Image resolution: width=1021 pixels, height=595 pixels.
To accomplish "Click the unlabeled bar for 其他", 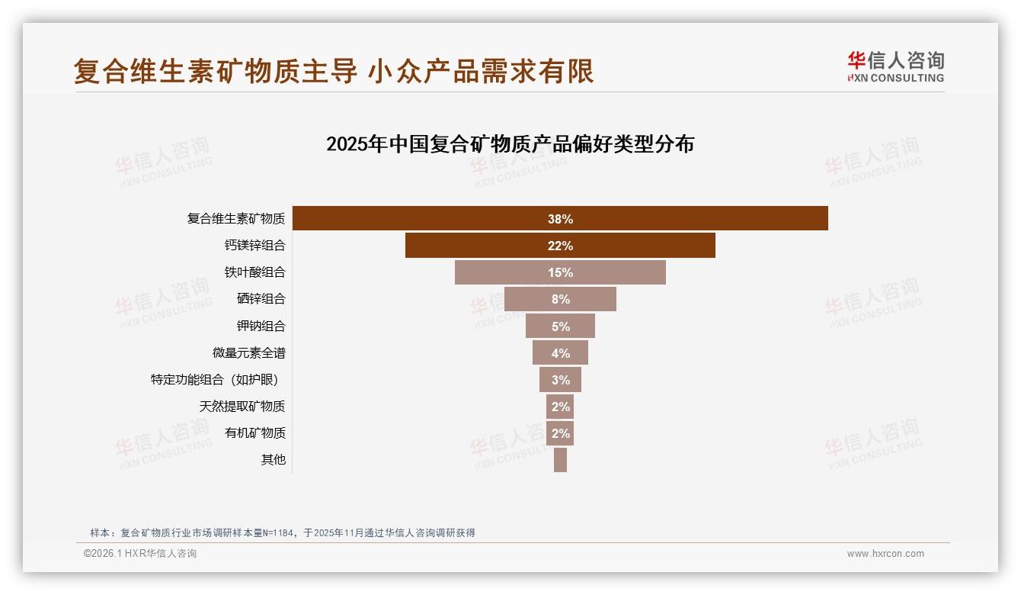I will (x=560, y=460).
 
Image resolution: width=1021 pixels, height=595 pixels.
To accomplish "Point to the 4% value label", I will (x=561, y=353).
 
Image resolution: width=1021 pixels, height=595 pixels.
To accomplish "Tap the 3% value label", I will (x=561, y=380).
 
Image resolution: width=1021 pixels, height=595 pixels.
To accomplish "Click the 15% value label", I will (x=561, y=272).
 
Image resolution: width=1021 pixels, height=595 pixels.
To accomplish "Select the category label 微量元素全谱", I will (x=248, y=353).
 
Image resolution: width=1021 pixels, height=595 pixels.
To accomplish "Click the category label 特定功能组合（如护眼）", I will (x=218, y=380).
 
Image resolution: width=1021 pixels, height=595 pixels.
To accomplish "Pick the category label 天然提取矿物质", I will (x=242, y=407).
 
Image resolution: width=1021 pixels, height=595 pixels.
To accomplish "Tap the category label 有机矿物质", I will (x=254, y=433).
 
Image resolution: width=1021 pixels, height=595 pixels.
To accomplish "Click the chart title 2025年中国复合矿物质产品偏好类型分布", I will (x=510, y=144).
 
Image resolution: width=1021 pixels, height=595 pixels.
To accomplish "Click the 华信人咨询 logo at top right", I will (x=895, y=67).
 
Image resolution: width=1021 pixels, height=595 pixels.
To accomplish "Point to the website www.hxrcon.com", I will (x=885, y=554).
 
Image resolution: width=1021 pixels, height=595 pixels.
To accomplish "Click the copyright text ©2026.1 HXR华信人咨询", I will (x=139, y=554).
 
